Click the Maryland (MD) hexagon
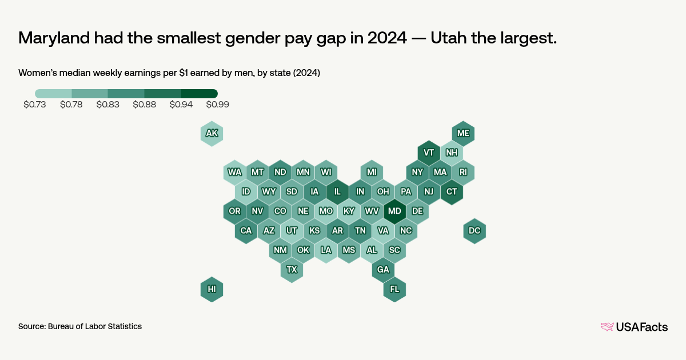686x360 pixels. coord(394,211)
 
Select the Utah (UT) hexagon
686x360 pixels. coord(292,230)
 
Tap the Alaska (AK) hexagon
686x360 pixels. coord(212,133)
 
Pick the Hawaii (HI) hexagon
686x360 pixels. coord(212,289)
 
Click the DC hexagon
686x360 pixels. coord(474,230)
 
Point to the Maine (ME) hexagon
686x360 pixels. coord(463,133)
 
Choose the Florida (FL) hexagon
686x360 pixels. coord(394,289)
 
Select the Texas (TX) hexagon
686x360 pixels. coord(292,269)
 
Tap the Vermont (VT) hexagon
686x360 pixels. coord(429,153)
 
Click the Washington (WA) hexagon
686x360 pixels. coord(234,172)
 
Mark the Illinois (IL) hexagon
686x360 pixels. coord(337,191)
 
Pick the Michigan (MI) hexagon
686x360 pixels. coord(372,172)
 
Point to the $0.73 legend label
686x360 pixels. coord(35,105)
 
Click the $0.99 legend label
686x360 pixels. coord(217,105)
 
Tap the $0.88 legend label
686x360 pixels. coord(144,105)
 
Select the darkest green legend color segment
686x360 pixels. coord(199,93)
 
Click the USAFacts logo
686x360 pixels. coord(634,327)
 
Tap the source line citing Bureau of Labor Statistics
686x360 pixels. coord(80,326)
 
